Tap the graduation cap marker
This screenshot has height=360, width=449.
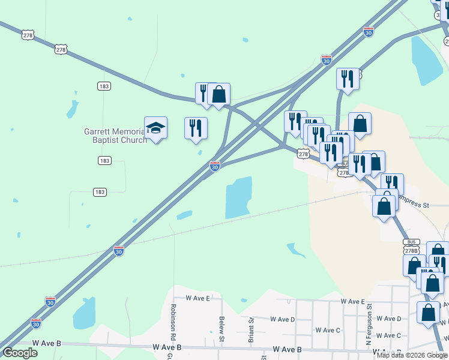155,128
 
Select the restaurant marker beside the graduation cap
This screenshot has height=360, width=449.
196,128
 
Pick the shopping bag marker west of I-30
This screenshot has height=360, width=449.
219,94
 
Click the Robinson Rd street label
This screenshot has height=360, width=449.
173,313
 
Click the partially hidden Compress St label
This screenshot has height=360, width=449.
417,205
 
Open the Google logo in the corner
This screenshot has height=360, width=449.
20,352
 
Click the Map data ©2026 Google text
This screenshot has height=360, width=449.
412,355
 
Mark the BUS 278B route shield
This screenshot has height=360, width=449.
411,247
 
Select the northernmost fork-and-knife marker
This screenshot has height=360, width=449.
348,79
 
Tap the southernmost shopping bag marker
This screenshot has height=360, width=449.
428,312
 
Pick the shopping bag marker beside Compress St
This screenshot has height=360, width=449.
384,205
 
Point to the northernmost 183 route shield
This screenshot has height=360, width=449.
103,86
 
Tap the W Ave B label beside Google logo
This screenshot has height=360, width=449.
47,343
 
